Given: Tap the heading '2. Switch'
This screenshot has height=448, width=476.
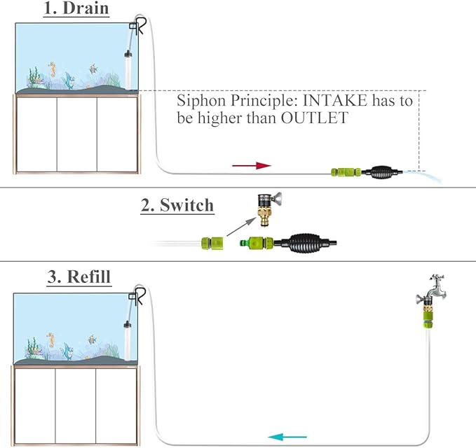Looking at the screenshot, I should click(177, 205).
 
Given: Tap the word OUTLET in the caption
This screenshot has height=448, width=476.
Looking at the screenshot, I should click(315, 118).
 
